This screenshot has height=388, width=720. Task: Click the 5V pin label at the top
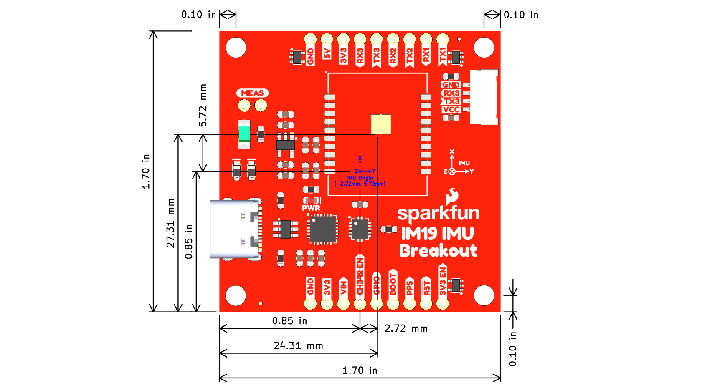(327, 53)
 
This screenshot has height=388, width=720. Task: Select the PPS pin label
(409, 287)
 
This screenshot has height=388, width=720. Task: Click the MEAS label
(252, 93)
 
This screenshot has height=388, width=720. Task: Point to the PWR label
(311, 208)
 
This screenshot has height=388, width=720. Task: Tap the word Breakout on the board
(438, 250)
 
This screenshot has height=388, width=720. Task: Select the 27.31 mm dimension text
(171, 223)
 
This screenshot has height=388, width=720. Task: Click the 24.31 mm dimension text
(298, 345)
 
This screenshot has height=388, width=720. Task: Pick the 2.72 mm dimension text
(406, 328)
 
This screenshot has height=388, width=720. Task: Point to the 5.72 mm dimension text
(203, 106)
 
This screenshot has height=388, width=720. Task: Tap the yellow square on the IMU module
(381, 124)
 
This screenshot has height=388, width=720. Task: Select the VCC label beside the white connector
(451, 110)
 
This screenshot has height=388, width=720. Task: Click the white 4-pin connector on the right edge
(484, 97)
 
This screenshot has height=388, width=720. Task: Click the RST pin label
(426, 287)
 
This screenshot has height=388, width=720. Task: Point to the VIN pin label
(344, 287)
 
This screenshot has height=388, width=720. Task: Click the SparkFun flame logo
(452, 196)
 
